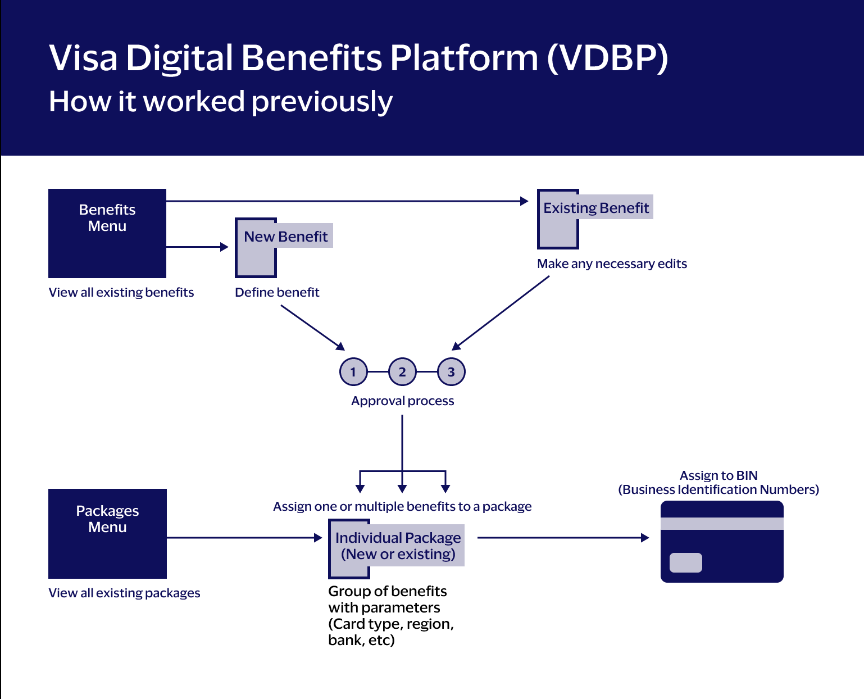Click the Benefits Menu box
[107, 233]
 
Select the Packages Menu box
[107, 533]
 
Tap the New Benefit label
[285, 236]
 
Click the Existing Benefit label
[595, 208]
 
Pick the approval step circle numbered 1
[353, 372]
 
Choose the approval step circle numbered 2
[402, 372]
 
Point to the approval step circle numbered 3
[451, 372]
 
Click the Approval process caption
[402, 401]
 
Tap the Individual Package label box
[398, 546]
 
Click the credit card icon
[722, 542]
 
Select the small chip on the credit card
[686, 562]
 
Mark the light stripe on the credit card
[722, 524]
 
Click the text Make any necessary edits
[612, 264]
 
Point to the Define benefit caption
[277, 292]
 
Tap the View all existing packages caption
[124, 593]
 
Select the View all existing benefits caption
[121, 292]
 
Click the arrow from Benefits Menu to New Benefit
[197, 247]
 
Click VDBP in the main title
[608, 58]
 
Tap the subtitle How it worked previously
[221, 102]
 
